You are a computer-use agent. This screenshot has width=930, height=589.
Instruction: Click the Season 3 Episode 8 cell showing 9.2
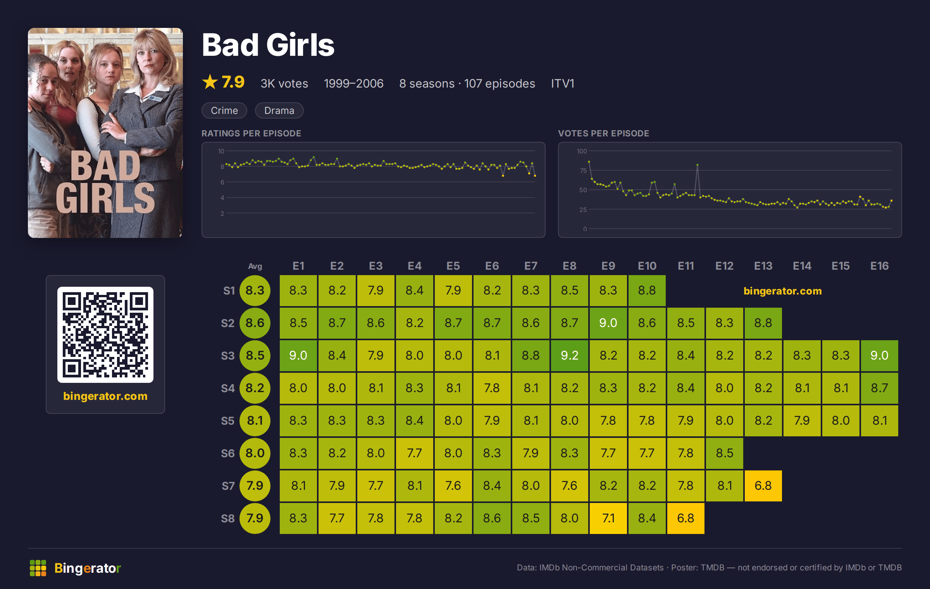(569, 355)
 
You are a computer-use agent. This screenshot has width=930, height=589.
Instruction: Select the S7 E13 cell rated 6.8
(763, 486)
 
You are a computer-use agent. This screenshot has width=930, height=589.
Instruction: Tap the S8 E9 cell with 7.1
(608, 518)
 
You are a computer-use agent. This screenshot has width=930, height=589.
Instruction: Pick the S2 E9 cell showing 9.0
(608, 323)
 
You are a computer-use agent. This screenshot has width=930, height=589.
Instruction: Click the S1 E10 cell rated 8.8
(647, 290)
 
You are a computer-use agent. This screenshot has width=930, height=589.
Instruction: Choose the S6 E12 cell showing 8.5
(724, 453)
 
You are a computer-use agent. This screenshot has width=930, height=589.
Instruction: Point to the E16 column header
(879, 266)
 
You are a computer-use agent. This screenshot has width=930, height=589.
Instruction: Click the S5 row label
(228, 421)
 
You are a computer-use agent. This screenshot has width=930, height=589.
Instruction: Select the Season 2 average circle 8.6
(255, 323)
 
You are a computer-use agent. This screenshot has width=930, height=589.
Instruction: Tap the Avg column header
(255, 266)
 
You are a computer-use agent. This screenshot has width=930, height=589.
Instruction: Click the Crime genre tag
(224, 110)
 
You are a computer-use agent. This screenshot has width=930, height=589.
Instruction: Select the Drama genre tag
(279, 110)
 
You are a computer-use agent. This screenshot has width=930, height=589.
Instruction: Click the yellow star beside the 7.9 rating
(210, 82)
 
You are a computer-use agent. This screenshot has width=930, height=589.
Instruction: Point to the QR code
(105, 335)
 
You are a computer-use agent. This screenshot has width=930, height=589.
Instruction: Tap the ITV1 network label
(563, 83)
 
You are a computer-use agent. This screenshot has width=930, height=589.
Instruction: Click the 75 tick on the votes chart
(583, 170)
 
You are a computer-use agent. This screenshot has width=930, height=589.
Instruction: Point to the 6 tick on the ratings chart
(222, 182)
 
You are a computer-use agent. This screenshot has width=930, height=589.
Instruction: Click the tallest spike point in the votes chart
(697, 165)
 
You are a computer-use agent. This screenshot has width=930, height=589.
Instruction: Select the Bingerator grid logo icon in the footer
(38, 568)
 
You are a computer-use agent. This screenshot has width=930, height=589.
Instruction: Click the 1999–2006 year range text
(353, 83)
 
